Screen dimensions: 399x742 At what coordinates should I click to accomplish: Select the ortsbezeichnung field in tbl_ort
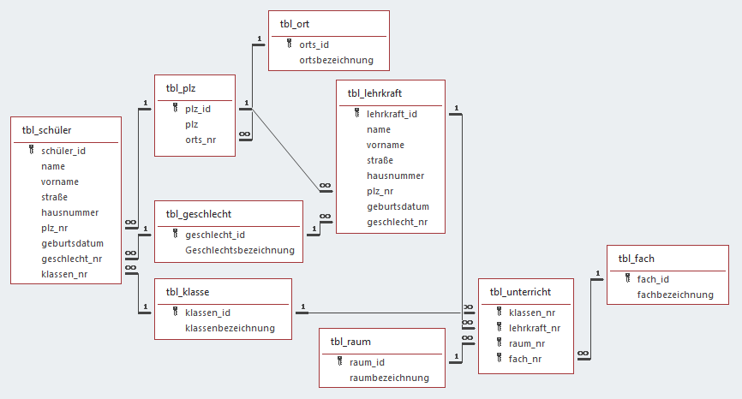[336, 60]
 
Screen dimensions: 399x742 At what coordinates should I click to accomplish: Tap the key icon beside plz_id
[176, 109]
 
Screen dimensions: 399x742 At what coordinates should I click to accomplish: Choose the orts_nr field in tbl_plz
[201, 140]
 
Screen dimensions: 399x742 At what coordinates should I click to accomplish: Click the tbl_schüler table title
[46, 130]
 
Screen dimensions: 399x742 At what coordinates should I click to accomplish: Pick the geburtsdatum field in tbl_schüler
[72, 243]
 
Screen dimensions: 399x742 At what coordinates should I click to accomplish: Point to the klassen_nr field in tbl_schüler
[64, 274]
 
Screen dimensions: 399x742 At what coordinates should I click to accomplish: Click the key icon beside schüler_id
[32, 151]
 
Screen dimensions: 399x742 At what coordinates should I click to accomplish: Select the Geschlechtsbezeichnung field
[239, 250]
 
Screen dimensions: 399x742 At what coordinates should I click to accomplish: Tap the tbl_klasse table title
[188, 291]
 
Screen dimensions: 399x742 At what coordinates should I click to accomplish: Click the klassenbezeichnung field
[230, 327]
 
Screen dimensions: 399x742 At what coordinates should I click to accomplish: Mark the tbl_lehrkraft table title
[374, 93]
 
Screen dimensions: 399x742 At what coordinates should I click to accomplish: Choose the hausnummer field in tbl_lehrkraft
[395, 176]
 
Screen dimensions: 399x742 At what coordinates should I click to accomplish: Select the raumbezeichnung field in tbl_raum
[389, 377]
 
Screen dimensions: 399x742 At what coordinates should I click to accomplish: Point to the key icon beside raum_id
[340, 362]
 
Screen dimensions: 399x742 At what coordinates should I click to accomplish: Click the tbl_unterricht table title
[520, 292]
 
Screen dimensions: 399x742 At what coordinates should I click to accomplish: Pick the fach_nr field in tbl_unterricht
[525, 359]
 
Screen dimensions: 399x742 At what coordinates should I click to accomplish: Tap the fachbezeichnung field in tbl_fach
[675, 294]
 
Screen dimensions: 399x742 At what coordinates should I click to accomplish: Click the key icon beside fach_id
[628, 278]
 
